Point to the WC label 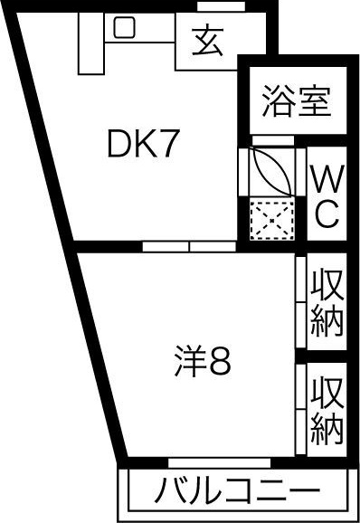[326, 196]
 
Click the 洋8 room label [202, 363]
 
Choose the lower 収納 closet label [327, 404]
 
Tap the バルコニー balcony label [236, 493]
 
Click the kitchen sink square [124, 28]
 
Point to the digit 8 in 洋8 [221, 363]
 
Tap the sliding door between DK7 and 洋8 [191, 245]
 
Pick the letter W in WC [326, 178]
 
